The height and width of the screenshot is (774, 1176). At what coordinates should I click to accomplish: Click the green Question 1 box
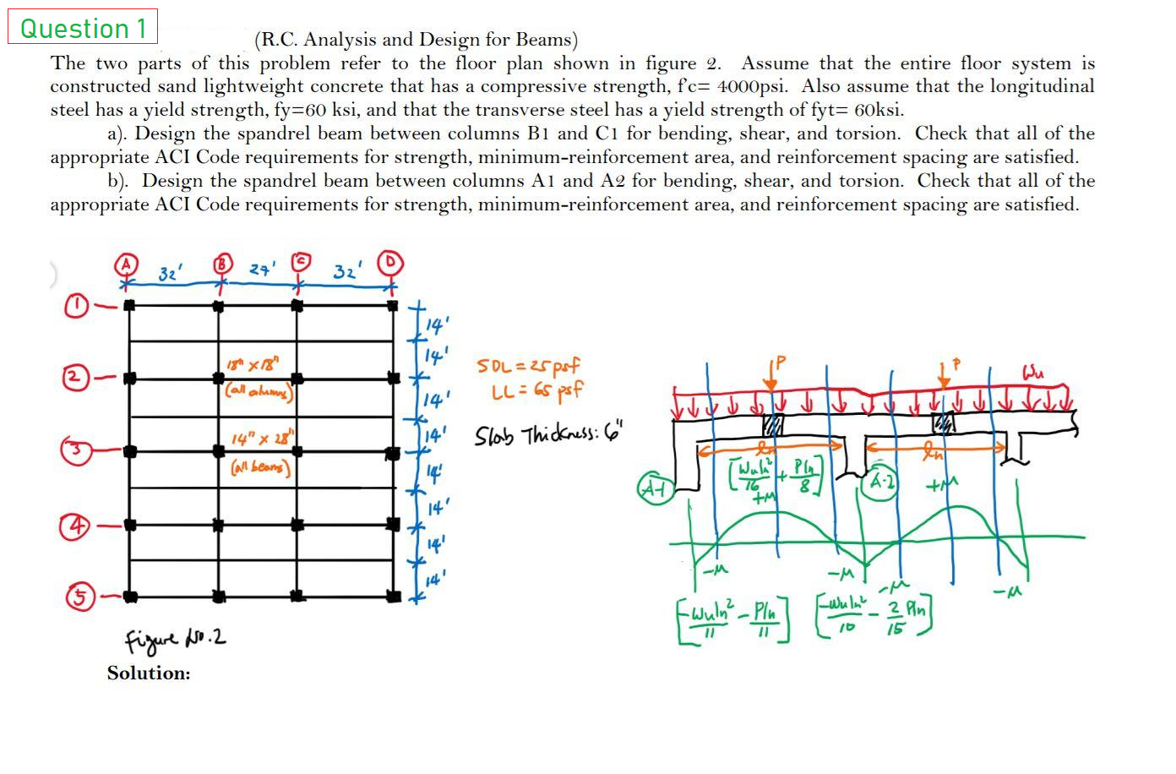83,28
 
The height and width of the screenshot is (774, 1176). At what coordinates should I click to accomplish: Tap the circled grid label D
392,264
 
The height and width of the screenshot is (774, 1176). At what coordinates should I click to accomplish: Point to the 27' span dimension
259,270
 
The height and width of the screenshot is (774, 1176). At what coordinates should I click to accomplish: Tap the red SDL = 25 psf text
529,367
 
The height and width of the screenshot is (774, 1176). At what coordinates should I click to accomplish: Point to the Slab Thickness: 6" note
548,436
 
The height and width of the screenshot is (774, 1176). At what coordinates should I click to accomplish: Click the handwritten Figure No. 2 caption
175,636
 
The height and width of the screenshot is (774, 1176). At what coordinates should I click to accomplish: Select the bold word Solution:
149,673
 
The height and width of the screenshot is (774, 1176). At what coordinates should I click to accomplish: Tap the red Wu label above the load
1035,371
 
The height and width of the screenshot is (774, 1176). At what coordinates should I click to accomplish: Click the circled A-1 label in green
656,488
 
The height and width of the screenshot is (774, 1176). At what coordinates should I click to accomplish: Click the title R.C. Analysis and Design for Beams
416,39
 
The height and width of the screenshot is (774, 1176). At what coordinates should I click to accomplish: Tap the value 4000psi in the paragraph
753,86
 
